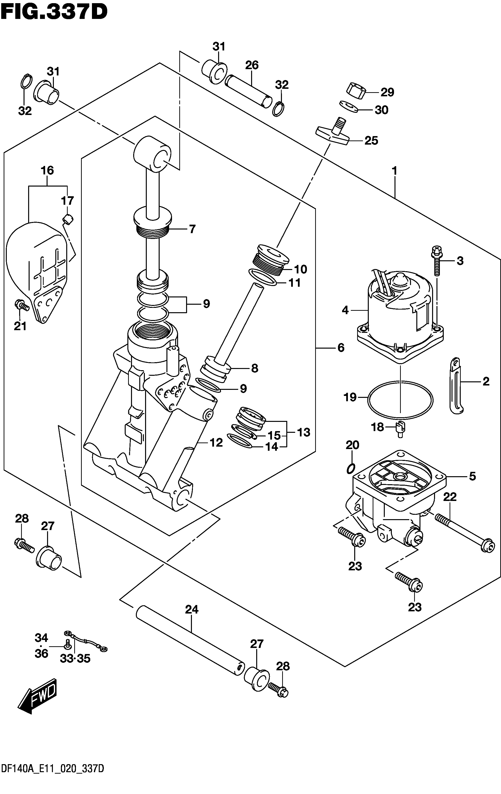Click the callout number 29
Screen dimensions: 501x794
(387, 92)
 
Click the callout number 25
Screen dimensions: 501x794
(371, 141)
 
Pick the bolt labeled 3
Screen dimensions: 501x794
(438, 261)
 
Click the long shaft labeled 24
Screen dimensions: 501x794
(190, 657)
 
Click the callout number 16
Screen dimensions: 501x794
(47, 171)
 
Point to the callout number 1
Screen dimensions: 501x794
(394, 171)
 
